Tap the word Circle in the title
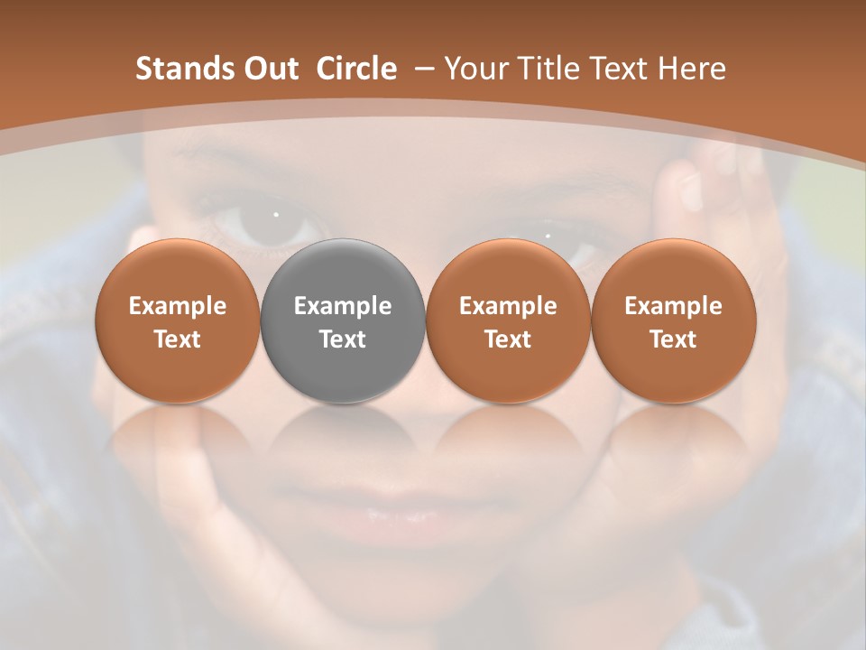(x=356, y=69)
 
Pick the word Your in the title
(x=475, y=69)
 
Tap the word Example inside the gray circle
(x=343, y=306)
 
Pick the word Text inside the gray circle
(x=343, y=339)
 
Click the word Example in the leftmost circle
(x=178, y=306)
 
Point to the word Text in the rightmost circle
(x=673, y=339)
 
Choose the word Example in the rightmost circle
(x=673, y=306)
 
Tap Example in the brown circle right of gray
(x=508, y=306)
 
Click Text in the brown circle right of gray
(x=508, y=339)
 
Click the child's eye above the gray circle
(x=271, y=222)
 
